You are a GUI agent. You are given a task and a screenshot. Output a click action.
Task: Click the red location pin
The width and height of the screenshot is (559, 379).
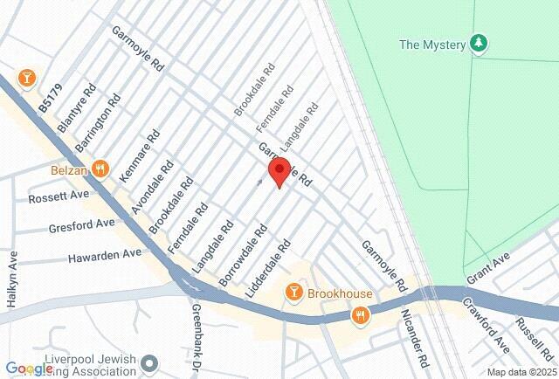(279, 171)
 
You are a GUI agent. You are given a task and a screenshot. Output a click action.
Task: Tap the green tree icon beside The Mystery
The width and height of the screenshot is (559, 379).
(478, 43)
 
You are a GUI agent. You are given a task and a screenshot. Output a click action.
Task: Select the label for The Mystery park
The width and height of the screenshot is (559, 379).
(432, 45)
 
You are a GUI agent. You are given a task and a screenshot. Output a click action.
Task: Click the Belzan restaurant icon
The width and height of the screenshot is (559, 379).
(102, 169)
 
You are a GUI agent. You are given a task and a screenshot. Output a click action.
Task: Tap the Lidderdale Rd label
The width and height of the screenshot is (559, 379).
(267, 266)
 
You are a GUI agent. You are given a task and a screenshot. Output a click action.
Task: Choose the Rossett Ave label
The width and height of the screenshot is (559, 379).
(59, 197)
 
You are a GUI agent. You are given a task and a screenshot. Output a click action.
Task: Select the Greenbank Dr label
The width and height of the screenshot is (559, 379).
(197, 327)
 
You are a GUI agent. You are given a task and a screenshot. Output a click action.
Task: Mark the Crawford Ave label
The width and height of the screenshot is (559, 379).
(486, 326)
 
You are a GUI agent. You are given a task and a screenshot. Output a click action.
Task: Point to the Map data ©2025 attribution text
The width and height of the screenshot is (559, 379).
(521, 371)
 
